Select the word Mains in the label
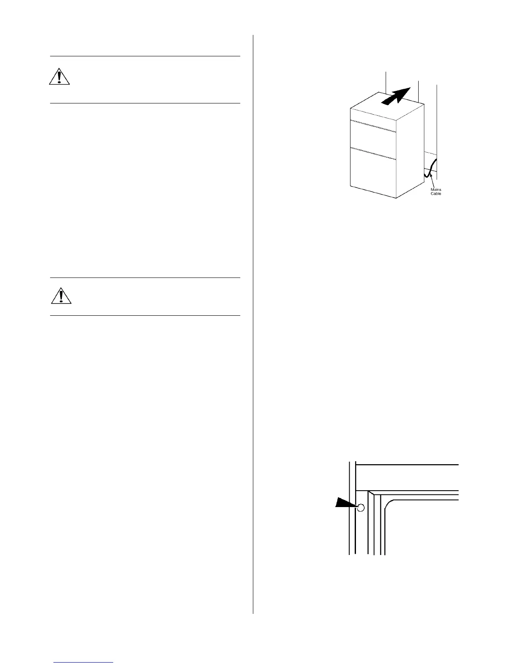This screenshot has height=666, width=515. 436,190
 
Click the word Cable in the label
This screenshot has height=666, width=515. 436,194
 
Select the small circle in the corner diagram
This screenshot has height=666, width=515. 360,508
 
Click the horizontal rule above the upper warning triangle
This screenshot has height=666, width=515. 145,56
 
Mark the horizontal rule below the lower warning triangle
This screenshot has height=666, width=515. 145,315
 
